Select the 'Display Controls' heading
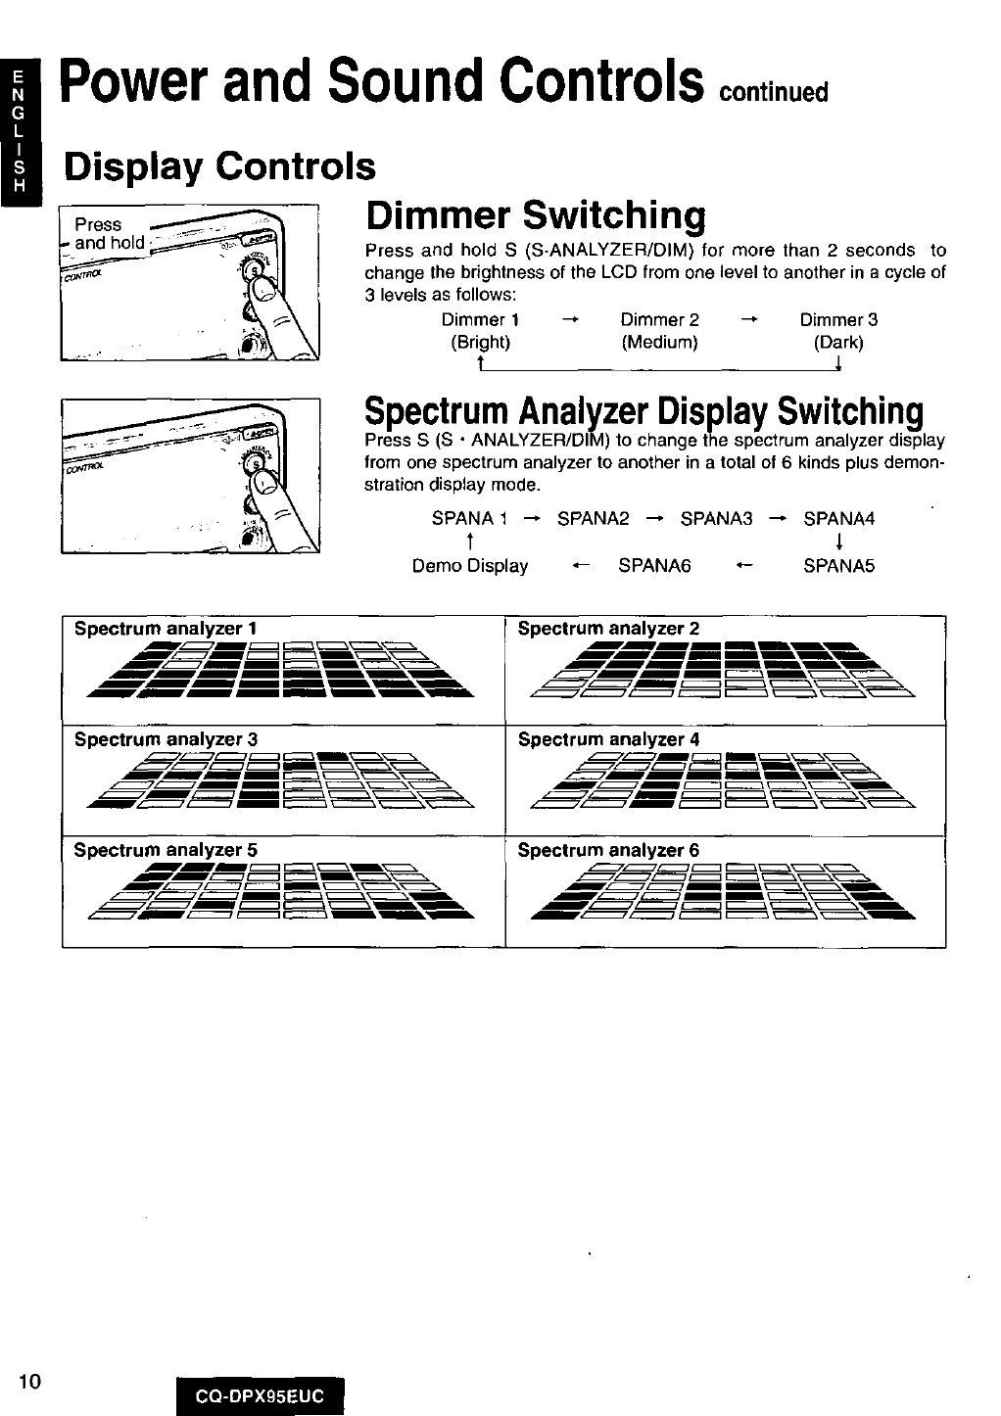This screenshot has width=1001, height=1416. [x=219, y=166]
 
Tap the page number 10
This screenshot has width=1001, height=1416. [x=29, y=1382]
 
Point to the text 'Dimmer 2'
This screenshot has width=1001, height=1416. [x=660, y=320]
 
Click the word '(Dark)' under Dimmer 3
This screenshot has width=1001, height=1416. [x=838, y=343]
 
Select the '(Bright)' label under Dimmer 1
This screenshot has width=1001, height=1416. [x=480, y=343]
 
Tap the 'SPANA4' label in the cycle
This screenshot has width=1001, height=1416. [x=838, y=518]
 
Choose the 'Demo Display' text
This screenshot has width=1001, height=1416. [x=470, y=566]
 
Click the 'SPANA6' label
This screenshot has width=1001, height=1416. [x=654, y=566]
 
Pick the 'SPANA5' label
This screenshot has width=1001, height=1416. [x=838, y=566]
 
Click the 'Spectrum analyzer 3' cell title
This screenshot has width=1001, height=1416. [x=167, y=739]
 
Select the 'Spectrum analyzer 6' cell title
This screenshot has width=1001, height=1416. [x=608, y=850]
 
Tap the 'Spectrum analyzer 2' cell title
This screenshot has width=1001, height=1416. [x=608, y=629]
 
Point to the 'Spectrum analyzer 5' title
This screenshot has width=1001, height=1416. [x=167, y=850]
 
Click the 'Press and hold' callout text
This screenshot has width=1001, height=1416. [x=108, y=233]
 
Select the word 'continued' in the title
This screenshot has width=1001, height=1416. [x=775, y=93]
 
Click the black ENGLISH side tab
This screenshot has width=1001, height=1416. [x=17, y=132]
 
